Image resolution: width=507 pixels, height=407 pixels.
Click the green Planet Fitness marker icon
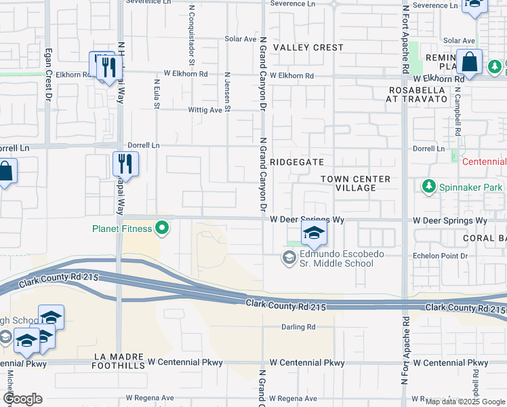coord(161,229)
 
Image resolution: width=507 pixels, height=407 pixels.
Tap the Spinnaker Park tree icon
coord(428,186)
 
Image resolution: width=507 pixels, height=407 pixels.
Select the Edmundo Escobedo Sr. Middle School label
coord(336,258)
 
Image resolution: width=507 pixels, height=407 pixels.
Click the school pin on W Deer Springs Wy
coord(314,234)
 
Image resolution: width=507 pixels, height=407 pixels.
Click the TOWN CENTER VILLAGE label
coord(355,183)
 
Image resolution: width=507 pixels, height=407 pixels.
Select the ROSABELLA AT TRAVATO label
coord(418,94)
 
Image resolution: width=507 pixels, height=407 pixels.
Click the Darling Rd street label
coord(299,327)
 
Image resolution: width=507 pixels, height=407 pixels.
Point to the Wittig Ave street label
coord(205,110)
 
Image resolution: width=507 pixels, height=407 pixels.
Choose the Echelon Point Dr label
coord(440,256)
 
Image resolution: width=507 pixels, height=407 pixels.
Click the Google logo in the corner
coord(22,399)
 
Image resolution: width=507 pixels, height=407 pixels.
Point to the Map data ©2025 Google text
coord(464,402)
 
